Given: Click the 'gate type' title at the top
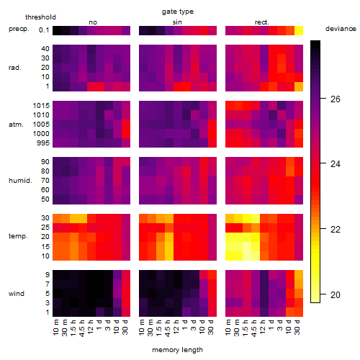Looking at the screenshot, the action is coord(178,12).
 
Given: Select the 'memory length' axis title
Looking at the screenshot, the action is coord(178,350).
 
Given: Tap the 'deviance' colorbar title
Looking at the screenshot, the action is coord(341,29).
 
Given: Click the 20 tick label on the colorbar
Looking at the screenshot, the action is coord(336,294).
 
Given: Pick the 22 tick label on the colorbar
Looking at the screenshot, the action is coord(336,230).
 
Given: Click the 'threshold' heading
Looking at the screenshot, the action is coord(40,17).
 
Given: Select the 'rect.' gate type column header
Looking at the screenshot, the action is coord(262,22).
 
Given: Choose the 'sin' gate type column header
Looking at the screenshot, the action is coord(177,22).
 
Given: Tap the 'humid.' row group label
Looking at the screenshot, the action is coord(20,181).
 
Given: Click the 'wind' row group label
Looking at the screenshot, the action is coord(17,294).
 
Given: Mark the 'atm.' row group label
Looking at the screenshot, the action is coord(16,125).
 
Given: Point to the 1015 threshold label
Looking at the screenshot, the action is coord(41,106).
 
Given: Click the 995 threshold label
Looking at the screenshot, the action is coord(43,143).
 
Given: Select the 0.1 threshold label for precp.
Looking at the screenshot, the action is coord(44,30).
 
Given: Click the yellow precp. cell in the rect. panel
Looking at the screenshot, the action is coord(299,30).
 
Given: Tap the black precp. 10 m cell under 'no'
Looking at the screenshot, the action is coord(57,30).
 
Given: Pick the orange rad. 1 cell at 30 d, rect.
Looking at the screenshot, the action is coord(299,86).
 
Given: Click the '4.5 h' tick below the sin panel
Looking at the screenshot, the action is coord(168,328).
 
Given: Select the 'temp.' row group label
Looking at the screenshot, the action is coord(18,236).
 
